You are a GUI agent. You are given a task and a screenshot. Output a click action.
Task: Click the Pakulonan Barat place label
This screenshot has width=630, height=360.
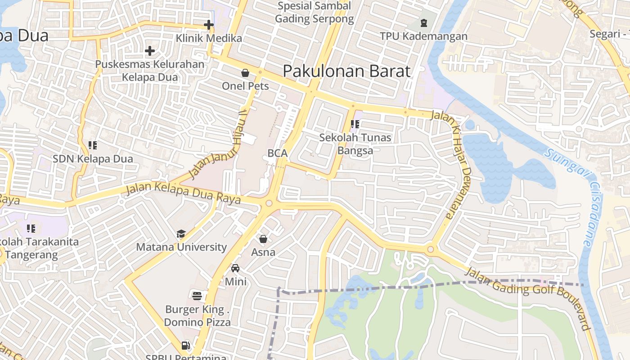pyautogui.click(x=346, y=71)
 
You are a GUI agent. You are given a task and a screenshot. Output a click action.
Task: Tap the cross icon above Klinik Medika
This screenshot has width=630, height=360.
pyautogui.click(x=208, y=25)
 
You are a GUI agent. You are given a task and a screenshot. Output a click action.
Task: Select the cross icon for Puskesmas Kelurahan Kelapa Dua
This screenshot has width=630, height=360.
pyautogui.click(x=150, y=51)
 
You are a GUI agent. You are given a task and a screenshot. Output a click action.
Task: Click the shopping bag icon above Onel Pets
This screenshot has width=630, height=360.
pyautogui.click(x=245, y=72)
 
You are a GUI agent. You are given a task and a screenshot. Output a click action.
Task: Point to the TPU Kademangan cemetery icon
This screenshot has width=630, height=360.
pyautogui.click(x=423, y=22)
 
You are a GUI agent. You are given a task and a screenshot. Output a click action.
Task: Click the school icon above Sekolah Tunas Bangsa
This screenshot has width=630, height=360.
pyautogui.click(x=355, y=124)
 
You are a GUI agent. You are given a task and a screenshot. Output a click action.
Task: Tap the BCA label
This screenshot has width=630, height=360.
pyautogui.click(x=277, y=153)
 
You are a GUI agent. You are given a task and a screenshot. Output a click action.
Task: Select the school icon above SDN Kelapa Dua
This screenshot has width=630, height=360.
pyautogui.click(x=93, y=145)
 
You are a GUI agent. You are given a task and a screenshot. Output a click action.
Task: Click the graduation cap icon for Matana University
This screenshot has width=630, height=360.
pyautogui.click(x=181, y=234)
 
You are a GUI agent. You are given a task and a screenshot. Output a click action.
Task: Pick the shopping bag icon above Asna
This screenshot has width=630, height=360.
pyautogui.click(x=263, y=238)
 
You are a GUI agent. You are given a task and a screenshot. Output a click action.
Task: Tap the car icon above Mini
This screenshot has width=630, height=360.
pyautogui.click(x=235, y=268)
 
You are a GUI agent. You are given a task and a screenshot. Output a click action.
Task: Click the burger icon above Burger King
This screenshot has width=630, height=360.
pyautogui.click(x=197, y=296)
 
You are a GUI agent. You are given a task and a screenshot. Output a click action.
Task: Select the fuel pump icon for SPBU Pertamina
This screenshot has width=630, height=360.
pyautogui.click(x=185, y=346)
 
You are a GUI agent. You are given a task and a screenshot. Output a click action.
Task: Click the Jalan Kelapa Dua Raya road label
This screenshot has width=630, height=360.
pyautogui.click(x=183, y=193)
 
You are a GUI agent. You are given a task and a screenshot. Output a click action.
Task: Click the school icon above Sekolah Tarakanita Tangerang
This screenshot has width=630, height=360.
pyautogui.click(x=31, y=228)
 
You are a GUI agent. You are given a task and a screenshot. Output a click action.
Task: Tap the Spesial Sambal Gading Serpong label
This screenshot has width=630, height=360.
pyautogui.click(x=314, y=13)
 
